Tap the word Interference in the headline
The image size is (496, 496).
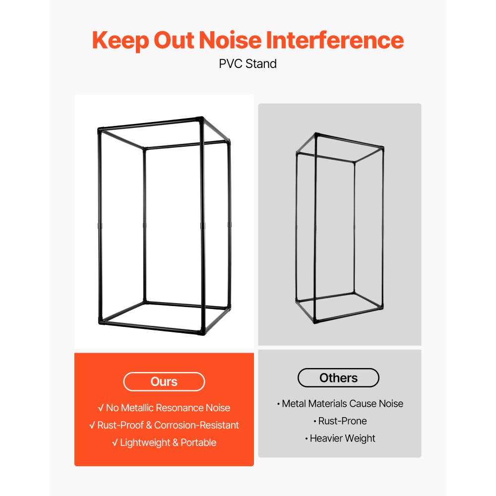coord(335,40)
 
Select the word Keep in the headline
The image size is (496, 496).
coord(121,41)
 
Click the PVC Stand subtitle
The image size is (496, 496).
coord(248,64)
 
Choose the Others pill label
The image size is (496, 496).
coord(338,377)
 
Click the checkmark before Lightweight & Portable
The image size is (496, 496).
coord(115,442)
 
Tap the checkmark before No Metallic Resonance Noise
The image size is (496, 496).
coord(101,408)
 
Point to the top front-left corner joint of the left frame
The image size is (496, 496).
coord(100,129)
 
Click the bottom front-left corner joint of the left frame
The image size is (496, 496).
coord(101,322)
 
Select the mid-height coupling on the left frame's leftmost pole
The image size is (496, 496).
coord(100,226)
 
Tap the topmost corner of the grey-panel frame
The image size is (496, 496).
coord(316,135)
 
